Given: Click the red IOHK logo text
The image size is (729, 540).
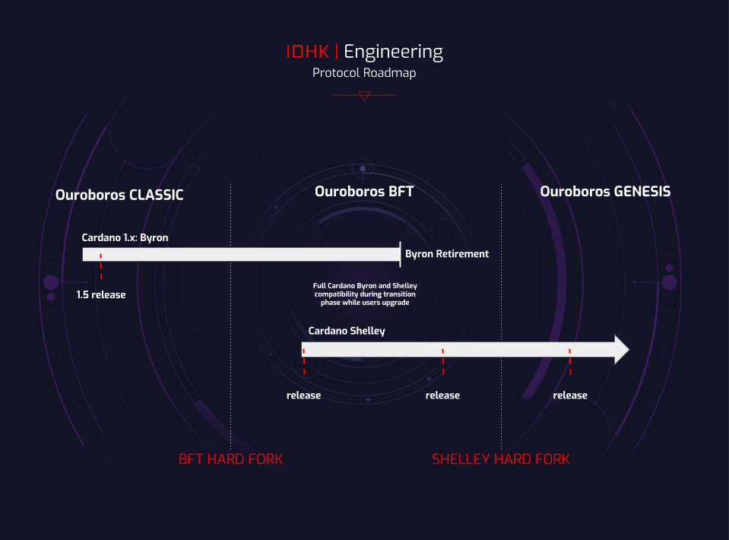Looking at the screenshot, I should (x=307, y=52).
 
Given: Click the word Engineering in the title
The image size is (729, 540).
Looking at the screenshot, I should (x=393, y=52).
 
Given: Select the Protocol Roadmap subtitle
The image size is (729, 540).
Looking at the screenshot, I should (x=364, y=73).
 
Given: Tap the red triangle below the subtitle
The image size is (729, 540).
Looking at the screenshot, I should (x=364, y=96).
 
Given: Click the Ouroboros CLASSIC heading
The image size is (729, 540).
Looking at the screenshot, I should (x=119, y=195).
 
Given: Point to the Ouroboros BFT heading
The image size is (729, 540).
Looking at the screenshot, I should (x=364, y=192).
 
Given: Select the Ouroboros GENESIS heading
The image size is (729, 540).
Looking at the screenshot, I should (x=605, y=192).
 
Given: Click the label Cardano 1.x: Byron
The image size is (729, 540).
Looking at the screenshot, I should (x=125, y=237).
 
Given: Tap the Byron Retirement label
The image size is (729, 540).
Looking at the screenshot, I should (x=447, y=253).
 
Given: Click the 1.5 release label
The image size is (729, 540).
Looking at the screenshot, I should (x=101, y=294).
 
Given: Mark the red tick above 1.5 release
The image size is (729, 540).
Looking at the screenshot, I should (x=101, y=270).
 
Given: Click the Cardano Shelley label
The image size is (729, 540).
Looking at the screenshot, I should (x=347, y=331).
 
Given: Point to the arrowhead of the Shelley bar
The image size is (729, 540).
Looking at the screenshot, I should (x=622, y=350).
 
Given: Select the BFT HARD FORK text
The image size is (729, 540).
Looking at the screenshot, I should (x=230, y=459).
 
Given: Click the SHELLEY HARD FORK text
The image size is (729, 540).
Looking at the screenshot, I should (x=500, y=459).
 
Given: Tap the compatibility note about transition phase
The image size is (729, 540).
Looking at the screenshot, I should (x=365, y=294).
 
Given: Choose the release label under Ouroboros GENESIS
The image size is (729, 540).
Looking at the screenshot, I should (x=570, y=395).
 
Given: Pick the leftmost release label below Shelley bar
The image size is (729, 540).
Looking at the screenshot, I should (x=303, y=395).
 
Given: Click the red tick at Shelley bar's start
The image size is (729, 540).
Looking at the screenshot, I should (x=303, y=361).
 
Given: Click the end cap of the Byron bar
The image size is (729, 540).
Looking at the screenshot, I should (x=400, y=254).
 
